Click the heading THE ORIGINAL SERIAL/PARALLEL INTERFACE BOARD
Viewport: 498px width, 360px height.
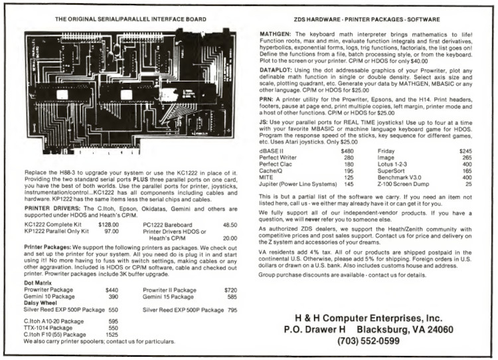pyautogui.click(x=125, y=19)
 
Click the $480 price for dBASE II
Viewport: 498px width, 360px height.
pyautogui.click(x=347, y=151)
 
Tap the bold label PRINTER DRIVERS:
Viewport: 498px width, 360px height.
pyautogui.click(x=45, y=208)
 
